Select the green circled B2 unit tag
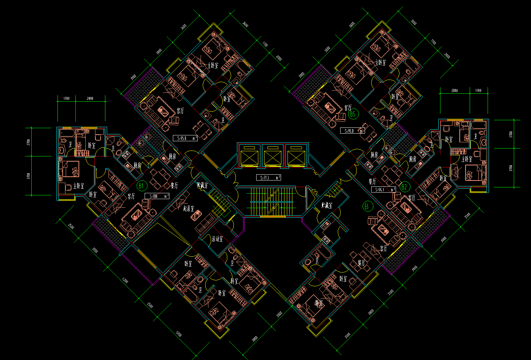[x=404, y=187]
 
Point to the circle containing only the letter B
[x=367, y=206]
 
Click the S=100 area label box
[x=157, y=196]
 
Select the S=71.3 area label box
[x=268, y=178]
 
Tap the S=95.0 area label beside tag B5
[x=352, y=131]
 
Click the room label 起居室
[x=188, y=208]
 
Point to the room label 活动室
[x=217, y=239]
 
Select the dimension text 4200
[x=125, y=281]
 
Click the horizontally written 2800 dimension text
[x=454, y=91]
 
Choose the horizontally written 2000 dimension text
[x=90, y=99]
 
